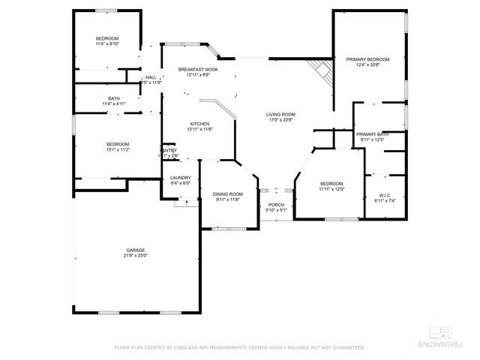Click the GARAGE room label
coord(135,250)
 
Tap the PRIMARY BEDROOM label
coord(367,58)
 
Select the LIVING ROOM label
coord(280,115)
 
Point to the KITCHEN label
coord(199,124)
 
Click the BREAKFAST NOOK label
coord(199,69)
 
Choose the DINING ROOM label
coord(227,193)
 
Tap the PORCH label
coord(277,204)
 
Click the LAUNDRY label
coord(180,178)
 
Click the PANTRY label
coord(169,150)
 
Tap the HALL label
coord(151,77)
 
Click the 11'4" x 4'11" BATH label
coord(114,98)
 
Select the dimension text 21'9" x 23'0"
coord(135,255)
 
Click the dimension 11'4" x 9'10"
coord(107,43)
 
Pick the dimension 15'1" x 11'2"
coord(117,149)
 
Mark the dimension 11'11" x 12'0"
coord(331,189)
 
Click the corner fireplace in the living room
coord(322,70)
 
